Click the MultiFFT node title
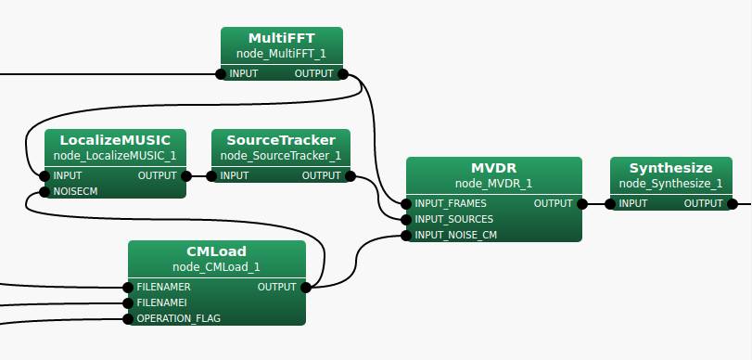click(x=282, y=38)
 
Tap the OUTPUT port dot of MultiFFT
click(x=343, y=74)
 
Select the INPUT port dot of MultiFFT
click(x=221, y=74)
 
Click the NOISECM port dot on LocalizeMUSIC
click(x=45, y=192)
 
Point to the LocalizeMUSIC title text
click(x=115, y=140)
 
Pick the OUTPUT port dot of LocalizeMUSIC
click(x=186, y=176)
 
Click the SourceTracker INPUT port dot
click(x=211, y=176)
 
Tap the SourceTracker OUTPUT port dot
click(x=351, y=176)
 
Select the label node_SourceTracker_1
click(x=281, y=156)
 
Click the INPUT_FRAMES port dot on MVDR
click(x=406, y=204)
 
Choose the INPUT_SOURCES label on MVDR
click(x=454, y=219)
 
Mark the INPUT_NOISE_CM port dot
click(x=406, y=235)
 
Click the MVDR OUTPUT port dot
click(x=582, y=204)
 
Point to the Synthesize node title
click(x=671, y=168)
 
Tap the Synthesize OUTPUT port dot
click(x=733, y=204)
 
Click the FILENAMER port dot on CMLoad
click(x=128, y=288)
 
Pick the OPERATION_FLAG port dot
click(x=128, y=319)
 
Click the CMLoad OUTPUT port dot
click(x=305, y=288)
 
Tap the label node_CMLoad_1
click(x=216, y=267)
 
